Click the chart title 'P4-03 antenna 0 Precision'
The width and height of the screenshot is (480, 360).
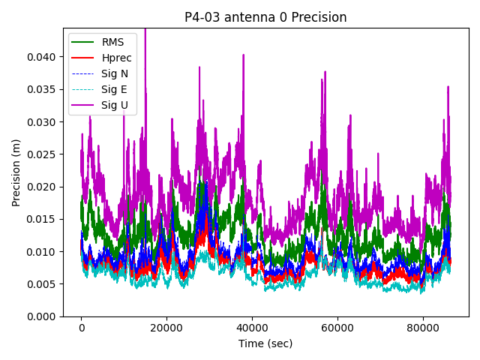pos(265,17)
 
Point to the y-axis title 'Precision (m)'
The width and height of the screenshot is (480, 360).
pos(16,172)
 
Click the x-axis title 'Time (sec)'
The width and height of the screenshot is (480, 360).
pos(265,343)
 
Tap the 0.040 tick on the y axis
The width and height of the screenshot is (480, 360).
pos(43,57)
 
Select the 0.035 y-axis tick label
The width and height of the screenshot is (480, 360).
pos(43,89)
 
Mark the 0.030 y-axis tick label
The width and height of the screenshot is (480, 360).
pos(43,121)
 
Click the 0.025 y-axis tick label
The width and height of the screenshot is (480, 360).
pos(43,154)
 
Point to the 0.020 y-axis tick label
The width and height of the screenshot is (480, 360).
pos(43,187)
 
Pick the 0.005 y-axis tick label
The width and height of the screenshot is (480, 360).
pos(43,284)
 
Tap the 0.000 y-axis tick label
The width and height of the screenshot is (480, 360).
pos(43,316)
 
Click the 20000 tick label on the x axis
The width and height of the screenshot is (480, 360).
pos(166,328)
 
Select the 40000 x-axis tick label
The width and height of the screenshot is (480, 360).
pos(252,328)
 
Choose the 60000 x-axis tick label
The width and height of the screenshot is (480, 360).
pos(337,328)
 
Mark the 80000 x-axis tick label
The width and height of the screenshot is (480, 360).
pos(422,328)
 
